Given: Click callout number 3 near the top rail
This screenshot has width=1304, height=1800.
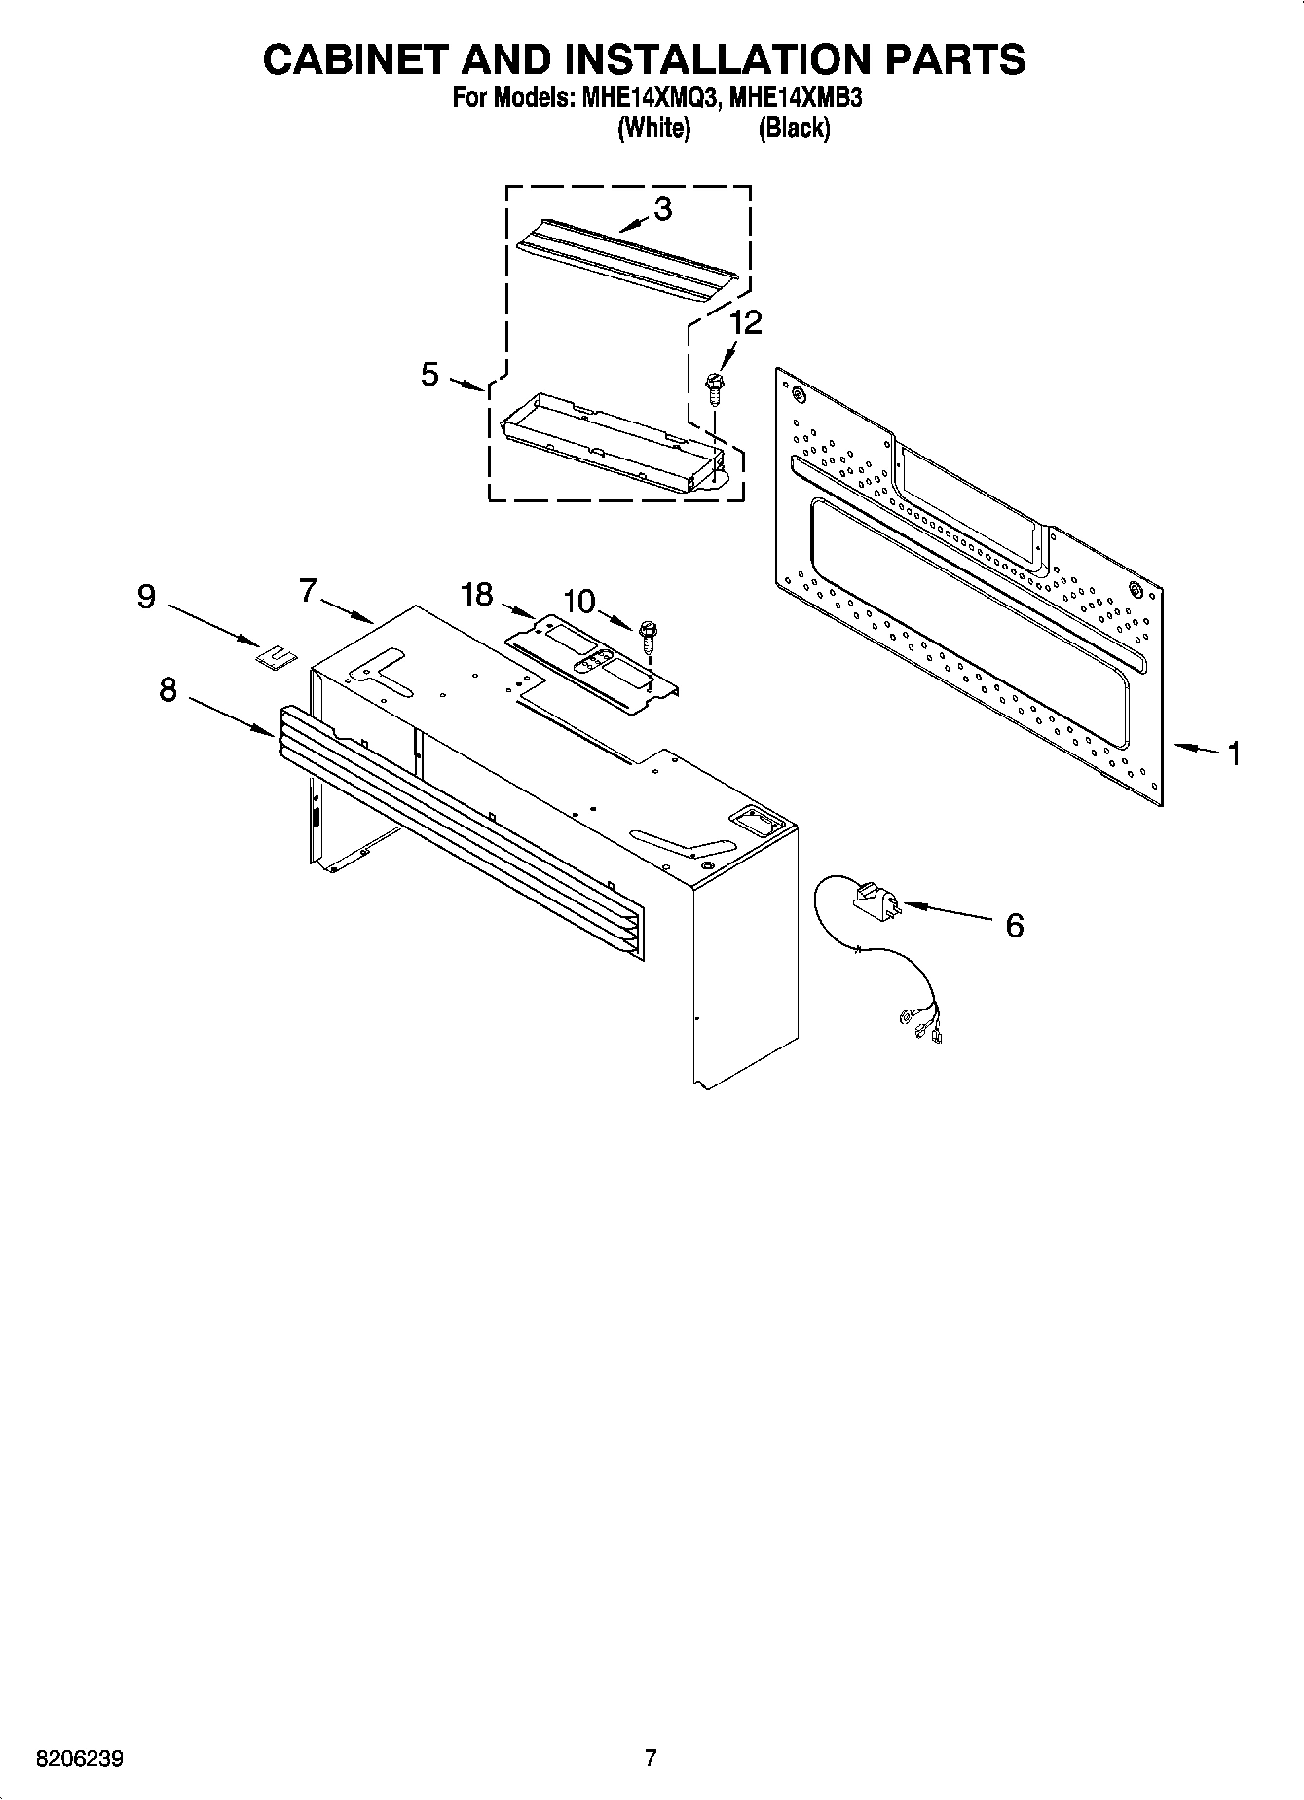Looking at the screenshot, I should [x=662, y=208].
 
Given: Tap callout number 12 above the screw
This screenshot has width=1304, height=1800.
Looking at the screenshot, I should [x=747, y=322].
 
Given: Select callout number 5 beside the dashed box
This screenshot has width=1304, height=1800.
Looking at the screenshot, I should [x=429, y=374].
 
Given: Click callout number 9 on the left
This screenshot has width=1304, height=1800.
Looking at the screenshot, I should [x=146, y=595].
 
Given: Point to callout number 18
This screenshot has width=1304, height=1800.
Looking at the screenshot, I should [x=477, y=594].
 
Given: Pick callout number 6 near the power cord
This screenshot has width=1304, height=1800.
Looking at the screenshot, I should [x=1014, y=925].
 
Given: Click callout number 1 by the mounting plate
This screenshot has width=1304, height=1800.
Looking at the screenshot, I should [x=1233, y=753].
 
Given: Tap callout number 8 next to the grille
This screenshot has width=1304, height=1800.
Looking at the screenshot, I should [x=168, y=690].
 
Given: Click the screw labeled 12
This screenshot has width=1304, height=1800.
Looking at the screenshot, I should [x=714, y=387].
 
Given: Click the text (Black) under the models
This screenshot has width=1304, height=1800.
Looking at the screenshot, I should [x=795, y=128].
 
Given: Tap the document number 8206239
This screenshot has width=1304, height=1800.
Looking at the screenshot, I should [x=79, y=1759].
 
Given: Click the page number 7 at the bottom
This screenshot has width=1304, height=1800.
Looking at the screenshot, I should [x=651, y=1757].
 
